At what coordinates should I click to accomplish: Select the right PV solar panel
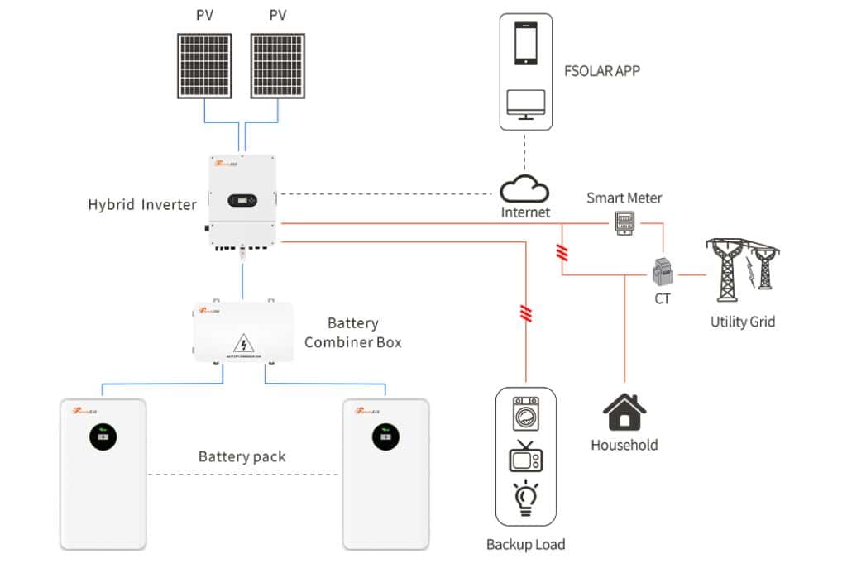[x=277, y=64]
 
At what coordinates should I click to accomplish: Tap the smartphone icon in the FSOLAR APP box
[x=526, y=44]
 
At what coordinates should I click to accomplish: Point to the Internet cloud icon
[x=524, y=189]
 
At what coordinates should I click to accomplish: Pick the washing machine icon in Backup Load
[x=525, y=413]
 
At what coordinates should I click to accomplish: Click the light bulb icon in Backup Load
[x=525, y=499]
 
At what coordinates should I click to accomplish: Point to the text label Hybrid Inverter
[x=142, y=204]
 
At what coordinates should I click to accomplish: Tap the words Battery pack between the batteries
[x=242, y=456]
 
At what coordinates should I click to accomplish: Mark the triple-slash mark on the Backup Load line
[x=524, y=313]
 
